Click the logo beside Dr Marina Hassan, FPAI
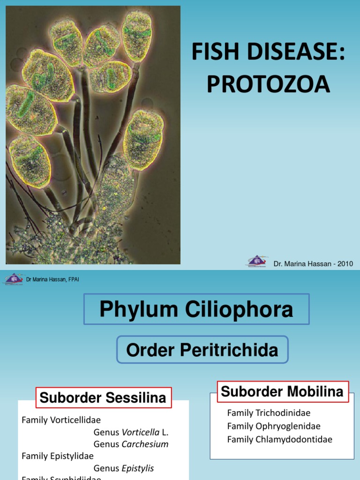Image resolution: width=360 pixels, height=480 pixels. [x=14, y=279]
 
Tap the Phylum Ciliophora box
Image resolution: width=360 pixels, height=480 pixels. [x=196, y=309]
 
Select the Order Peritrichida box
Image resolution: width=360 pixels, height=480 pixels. [x=202, y=350]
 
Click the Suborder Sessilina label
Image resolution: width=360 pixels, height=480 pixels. [x=103, y=398]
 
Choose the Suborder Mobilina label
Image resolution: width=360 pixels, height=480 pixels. [x=282, y=391]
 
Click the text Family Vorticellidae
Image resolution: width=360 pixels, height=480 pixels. [x=61, y=420]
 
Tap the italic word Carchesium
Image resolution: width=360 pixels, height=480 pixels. [x=145, y=444]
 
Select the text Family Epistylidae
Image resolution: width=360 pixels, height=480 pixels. [x=58, y=456]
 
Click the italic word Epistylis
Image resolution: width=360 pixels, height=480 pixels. [x=138, y=468]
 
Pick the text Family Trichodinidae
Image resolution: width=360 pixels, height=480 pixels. [x=269, y=413]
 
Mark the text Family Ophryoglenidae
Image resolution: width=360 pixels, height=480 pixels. [x=274, y=426]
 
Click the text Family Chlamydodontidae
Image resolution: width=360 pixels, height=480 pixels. [x=280, y=439]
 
